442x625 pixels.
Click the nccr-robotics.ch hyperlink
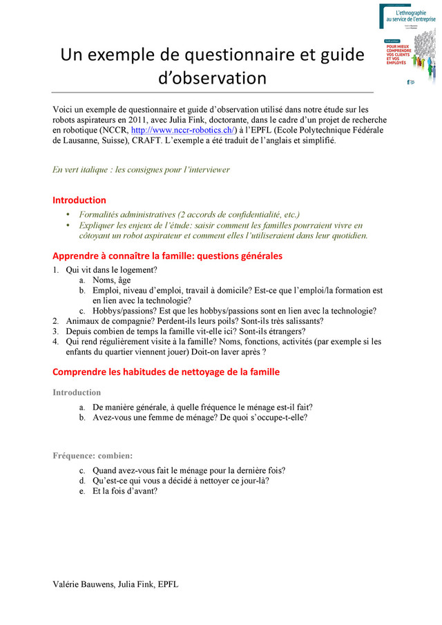pyautogui.click(x=183, y=129)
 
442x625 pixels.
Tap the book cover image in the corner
pyautogui.click(x=407, y=45)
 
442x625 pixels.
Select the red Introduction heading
pyautogui.click(x=79, y=200)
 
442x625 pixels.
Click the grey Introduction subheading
pyautogui.click(x=77, y=393)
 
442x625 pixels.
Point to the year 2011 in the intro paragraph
pyautogui.click(x=136, y=119)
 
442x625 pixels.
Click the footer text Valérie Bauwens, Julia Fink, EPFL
pyautogui.click(x=115, y=584)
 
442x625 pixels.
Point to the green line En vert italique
pyautogui.click(x=141, y=169)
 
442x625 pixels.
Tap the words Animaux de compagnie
pyautogui.click(x=101, y=321)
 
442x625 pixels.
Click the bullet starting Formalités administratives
pyautogui.click(x=189, y=215)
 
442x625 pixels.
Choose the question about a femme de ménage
pyautogui.click(x=200, y=418)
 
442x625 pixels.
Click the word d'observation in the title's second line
pyautogui.click(x=212, y=77)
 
